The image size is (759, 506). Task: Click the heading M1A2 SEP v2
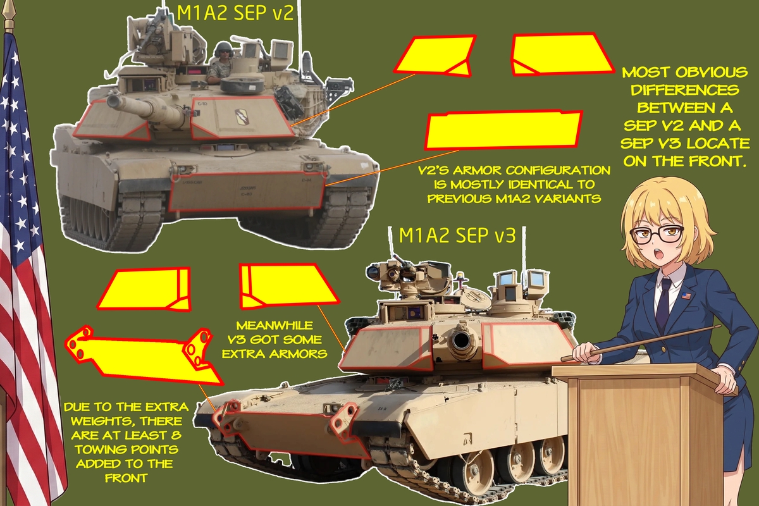[x=235, y=13]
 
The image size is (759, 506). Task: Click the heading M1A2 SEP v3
[x=457, y=235]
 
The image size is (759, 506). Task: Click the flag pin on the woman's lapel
[x=686, y=296]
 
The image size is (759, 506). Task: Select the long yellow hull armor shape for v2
[x=503, y=130]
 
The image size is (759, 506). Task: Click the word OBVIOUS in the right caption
[x=712, y=72]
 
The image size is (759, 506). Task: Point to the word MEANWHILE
[x=275, y=326]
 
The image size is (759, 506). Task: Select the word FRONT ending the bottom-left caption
[x=126, y=478]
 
